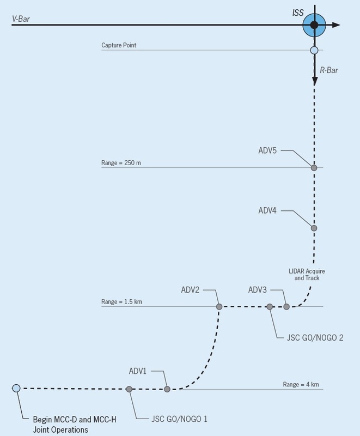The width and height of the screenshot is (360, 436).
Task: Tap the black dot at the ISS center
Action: (314, 25)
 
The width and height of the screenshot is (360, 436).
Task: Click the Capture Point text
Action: (122, 45)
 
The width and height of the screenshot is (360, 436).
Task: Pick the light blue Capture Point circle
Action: (314, 51)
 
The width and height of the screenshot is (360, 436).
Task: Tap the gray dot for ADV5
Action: (314, 168)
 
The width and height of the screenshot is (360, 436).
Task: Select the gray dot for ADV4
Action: (314, 228)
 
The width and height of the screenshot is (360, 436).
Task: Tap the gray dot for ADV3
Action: (286, 307)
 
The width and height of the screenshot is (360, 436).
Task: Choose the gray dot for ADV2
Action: (219, 307)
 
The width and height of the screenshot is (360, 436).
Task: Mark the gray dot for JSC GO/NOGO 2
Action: (270, 307)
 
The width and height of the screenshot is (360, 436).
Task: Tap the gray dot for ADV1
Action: (167, 389)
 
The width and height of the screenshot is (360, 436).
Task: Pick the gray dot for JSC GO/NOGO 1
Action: (129, 389)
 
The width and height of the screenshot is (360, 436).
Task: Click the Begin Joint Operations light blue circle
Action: (16, 388)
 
